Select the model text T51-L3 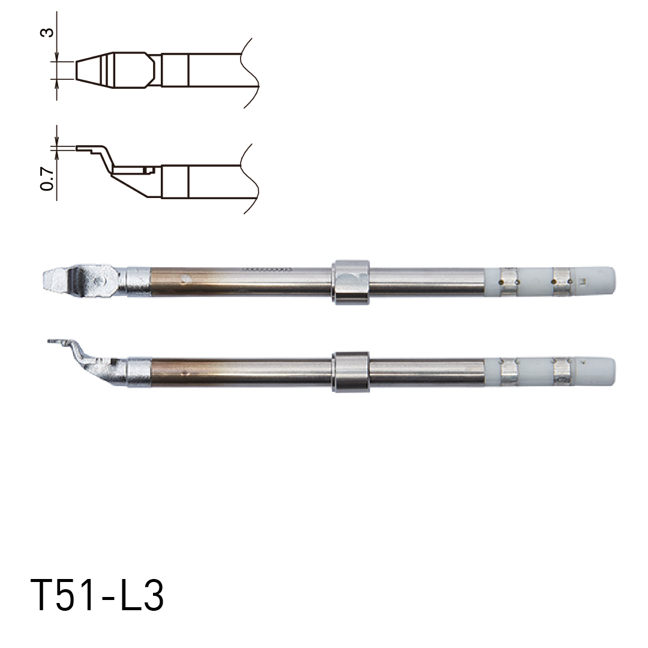pyautogui.click(x=97, y=596)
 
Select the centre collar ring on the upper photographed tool pyautogui.click(x=350, y=281)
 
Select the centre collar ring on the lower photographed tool pyautogui.click(x=350, y=372)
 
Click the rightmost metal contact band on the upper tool pyautogui.click(x=562, y=280)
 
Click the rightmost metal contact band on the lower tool pyautogui.click(x=563, y=371)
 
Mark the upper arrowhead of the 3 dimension pyautogui.click(x=57, y=59)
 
